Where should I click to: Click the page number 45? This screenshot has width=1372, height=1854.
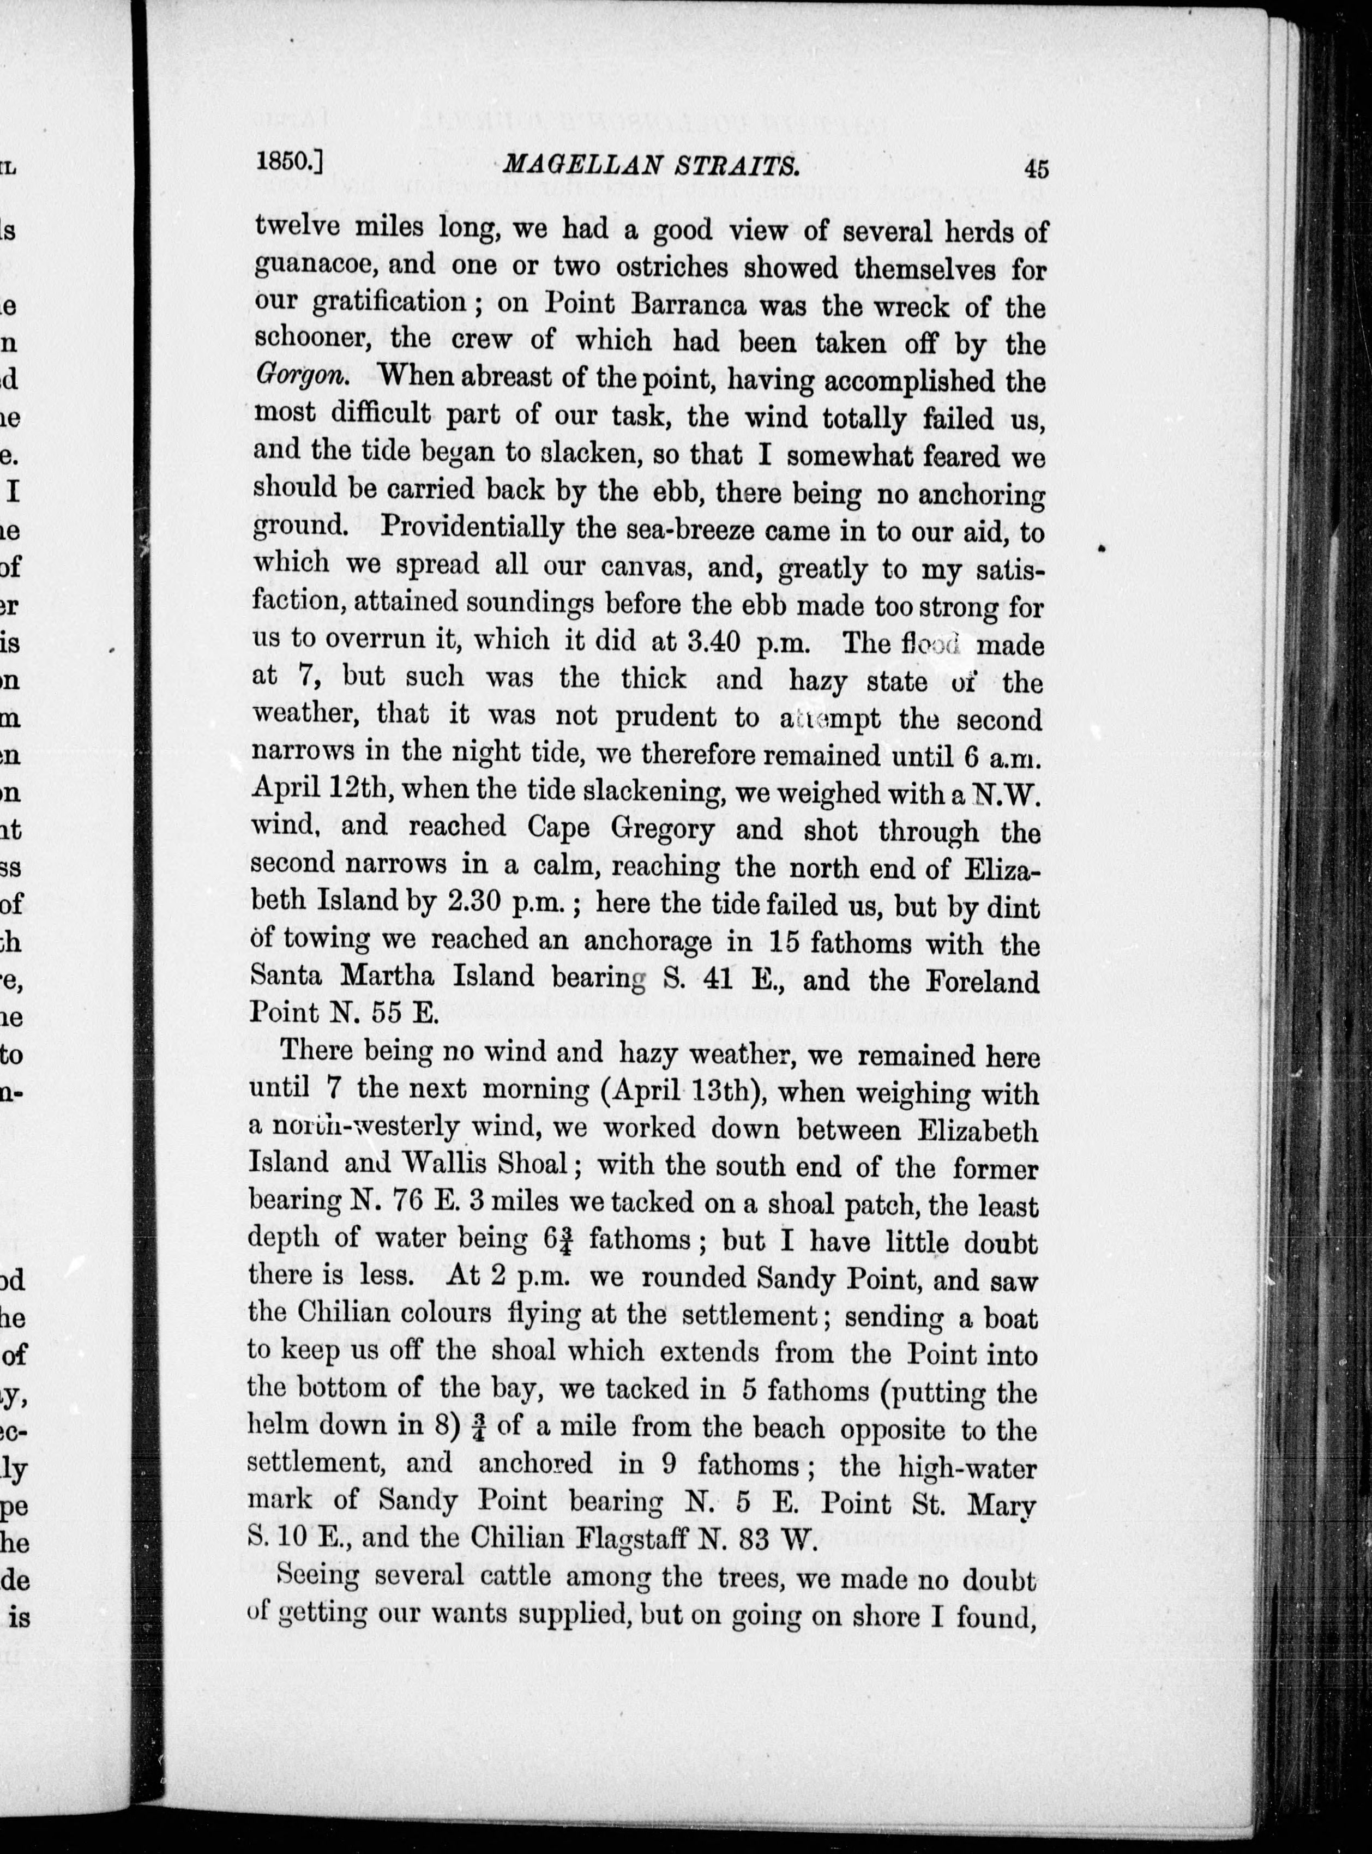pos(1037,168)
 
